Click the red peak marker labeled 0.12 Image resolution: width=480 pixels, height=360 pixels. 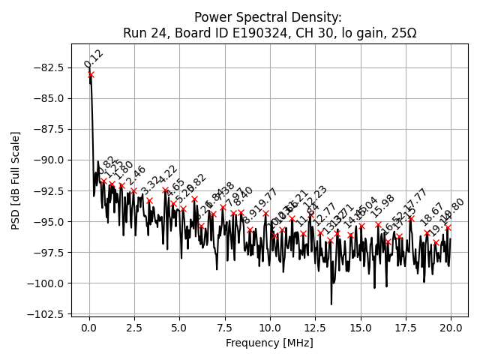[x=91, y=74]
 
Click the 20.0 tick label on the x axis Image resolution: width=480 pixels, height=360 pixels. [x=451, y=328]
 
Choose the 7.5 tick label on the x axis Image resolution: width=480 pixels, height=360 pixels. [x=224, y=328]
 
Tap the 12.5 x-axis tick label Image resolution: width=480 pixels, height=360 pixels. [x=315, y=328]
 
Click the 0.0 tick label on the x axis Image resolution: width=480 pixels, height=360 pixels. [x=89, y=328]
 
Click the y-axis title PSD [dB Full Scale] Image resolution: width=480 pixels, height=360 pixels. [x=16, y=180]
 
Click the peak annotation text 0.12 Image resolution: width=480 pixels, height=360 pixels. [x=94, y=58]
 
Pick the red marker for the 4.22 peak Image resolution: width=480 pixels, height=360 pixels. [x=166, y=190]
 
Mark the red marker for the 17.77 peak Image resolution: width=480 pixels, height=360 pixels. [x=411, y=219]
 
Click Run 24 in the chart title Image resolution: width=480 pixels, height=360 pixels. [x=143, y=34]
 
